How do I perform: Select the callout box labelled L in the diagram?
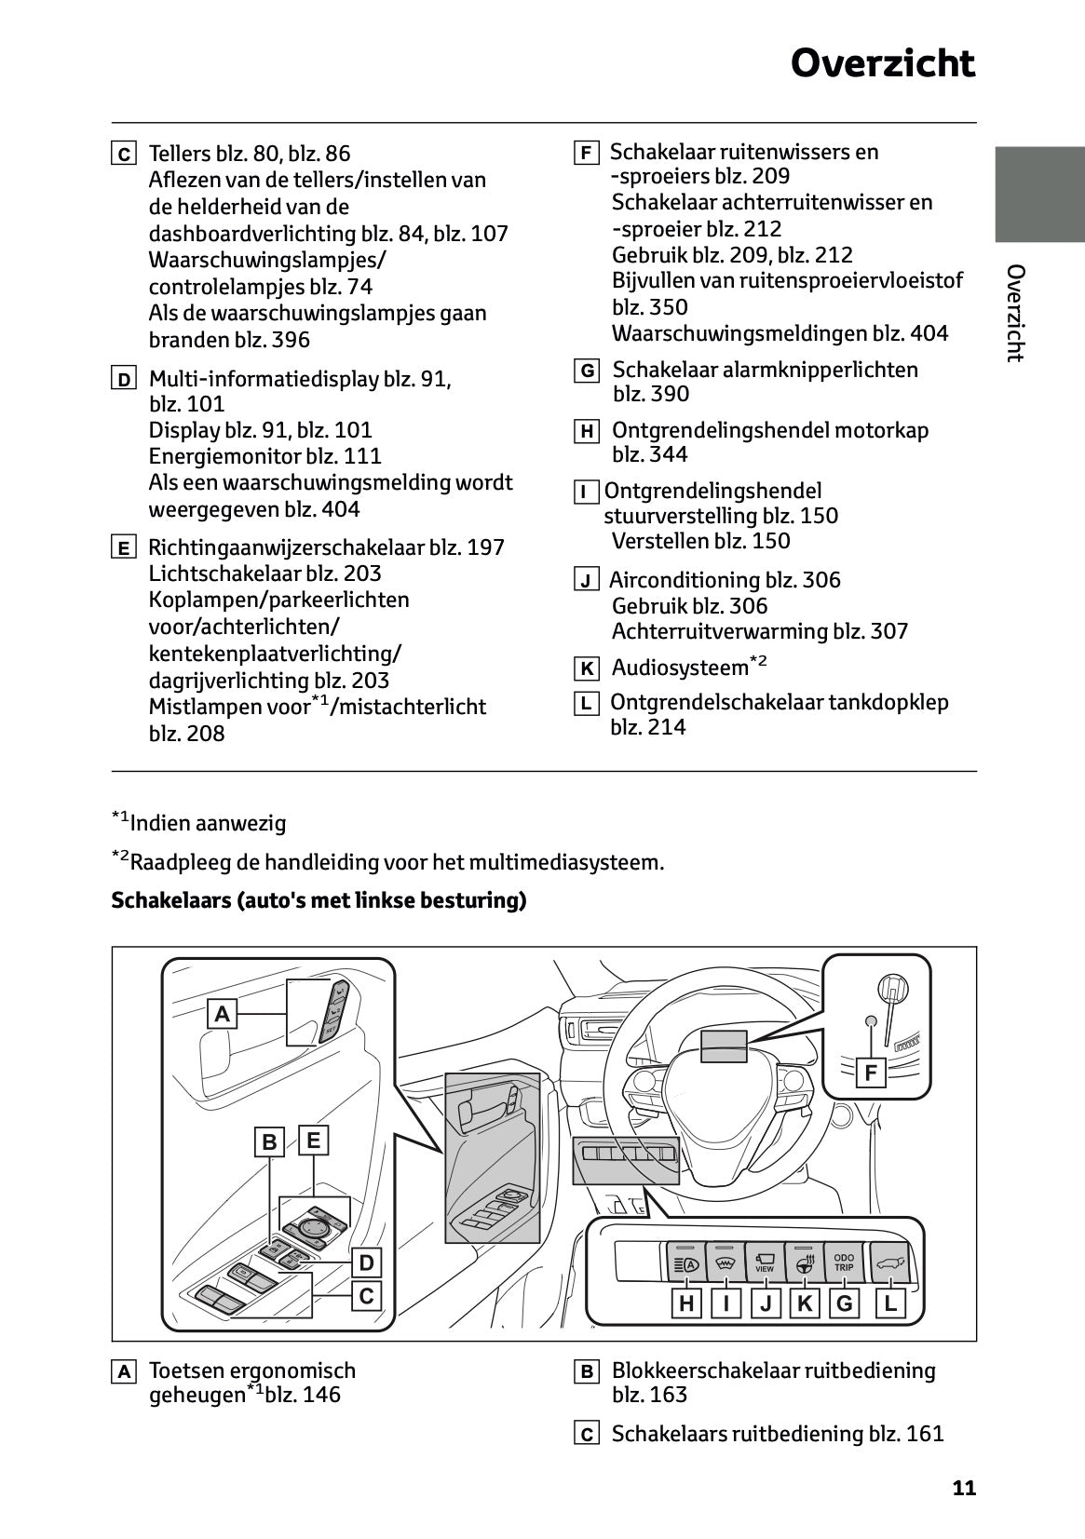(889, 1303)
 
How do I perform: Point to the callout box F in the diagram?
(871, 1073)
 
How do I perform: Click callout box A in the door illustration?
(222, 1013)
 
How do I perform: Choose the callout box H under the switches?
(686, 1303)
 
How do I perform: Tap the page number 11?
(964, 1488)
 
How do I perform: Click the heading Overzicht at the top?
(882, 63)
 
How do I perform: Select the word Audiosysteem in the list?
(680, 668)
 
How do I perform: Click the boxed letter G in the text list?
(587, 371)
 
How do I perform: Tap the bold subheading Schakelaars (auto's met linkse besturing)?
(319, 900)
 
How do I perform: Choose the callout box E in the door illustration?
(313, 1140)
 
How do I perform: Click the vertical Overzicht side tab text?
(1015, 313)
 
